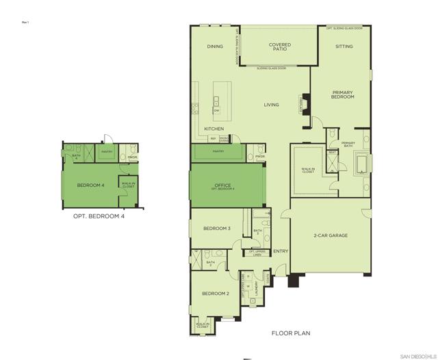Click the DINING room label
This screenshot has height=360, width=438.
tap(216, 47)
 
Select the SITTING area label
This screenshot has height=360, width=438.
tap(344, 47)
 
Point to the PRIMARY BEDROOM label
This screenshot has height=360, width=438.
tap(343, 94)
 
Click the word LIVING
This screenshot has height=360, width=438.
tap(272, 105)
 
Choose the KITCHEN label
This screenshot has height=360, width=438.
tap(214, 128)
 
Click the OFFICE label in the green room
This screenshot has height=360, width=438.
tap(224, 184)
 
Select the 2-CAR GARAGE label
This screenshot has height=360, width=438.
tap(331, 235)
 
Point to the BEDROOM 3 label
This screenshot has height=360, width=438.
tap(216, 229)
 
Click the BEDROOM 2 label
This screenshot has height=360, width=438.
tap(215, 293)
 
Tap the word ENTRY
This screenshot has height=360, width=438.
tap(281, 251)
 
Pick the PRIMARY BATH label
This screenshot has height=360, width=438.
tap(348, 144)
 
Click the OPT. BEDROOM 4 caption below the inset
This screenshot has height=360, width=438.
tap(99, 216)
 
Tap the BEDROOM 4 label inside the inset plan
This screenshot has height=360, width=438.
tap(90, 185)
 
